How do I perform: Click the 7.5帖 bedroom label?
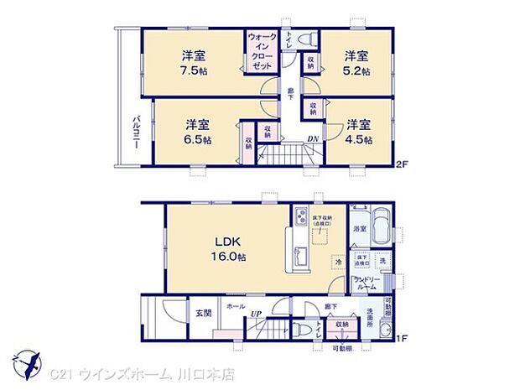195,64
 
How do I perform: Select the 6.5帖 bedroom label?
198,129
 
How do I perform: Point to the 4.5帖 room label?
358,129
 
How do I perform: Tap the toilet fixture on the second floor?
306,39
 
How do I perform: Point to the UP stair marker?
253,315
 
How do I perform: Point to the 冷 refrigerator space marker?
335,263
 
